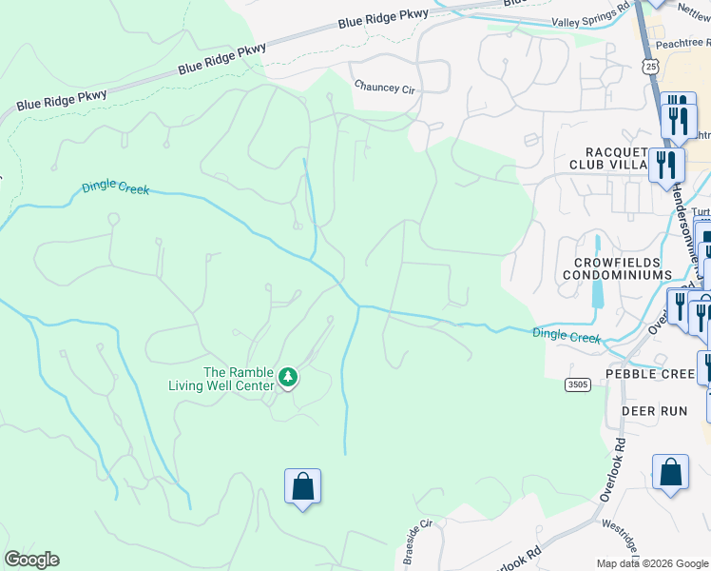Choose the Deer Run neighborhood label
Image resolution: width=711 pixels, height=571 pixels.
coord(654,411)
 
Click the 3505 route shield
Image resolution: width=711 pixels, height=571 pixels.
coord(577,384)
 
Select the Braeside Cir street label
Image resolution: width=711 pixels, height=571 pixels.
coord(418,541)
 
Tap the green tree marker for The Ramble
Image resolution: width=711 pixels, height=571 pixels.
coord(288,379)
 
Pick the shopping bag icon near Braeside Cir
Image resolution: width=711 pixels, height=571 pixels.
coord(302,486)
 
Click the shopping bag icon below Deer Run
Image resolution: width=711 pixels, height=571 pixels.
coord(670,472)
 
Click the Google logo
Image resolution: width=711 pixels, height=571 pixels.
coord(31,560)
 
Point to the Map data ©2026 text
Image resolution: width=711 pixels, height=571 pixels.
coord(651,563)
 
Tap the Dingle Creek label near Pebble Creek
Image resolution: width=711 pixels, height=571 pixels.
coord(567,335)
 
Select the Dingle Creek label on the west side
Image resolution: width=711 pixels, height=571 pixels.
coord(116,188)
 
